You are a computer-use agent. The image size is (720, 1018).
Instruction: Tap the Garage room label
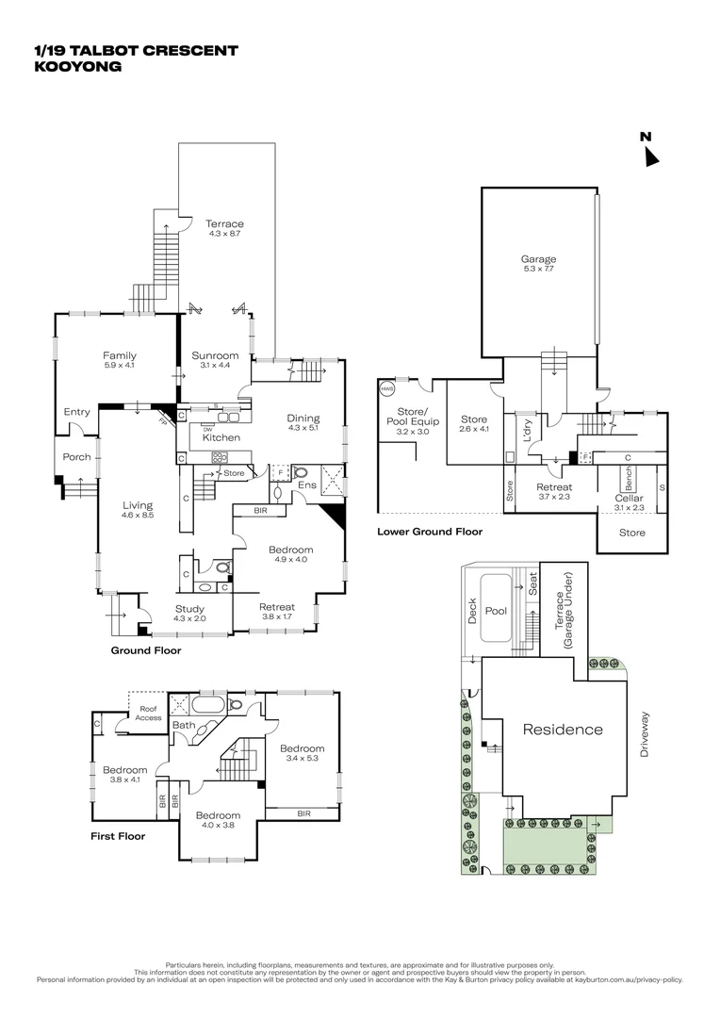pyautogui.click(x=538, y=258)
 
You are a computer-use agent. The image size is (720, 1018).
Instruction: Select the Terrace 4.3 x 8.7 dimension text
pyautogui.click(x=224, y=234)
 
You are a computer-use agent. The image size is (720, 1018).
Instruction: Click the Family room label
pyautogui.click(x=120, y=355)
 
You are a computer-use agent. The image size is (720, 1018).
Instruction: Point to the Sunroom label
pyautogui.click(x=215, y=355)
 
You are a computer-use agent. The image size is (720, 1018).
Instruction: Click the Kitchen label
pyautogui.click(x=221, y=437)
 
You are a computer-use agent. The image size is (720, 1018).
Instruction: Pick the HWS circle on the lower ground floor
pyautogui.click(x=386, y=388)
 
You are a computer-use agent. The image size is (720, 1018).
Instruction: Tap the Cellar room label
pyautogui.click(x=629, y=498)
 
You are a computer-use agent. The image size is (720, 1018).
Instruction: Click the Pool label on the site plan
pyautogui.click(x=497, y=611)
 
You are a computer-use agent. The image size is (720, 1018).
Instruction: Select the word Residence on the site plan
pyautogui.click(x=563, y=729)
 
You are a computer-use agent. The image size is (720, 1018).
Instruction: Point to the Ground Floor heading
pyautogui.click(x=146, y=650)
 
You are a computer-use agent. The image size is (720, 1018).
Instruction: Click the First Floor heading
pyautogui.click(x=118, y=835)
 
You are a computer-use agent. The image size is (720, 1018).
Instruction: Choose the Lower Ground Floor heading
pyautogui.click(x=430, y=532)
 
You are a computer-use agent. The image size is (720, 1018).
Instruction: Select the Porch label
pyautogui.click(x=77, y=457)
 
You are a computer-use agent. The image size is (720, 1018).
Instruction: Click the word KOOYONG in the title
pyautogui.click(x=78, y=67)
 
